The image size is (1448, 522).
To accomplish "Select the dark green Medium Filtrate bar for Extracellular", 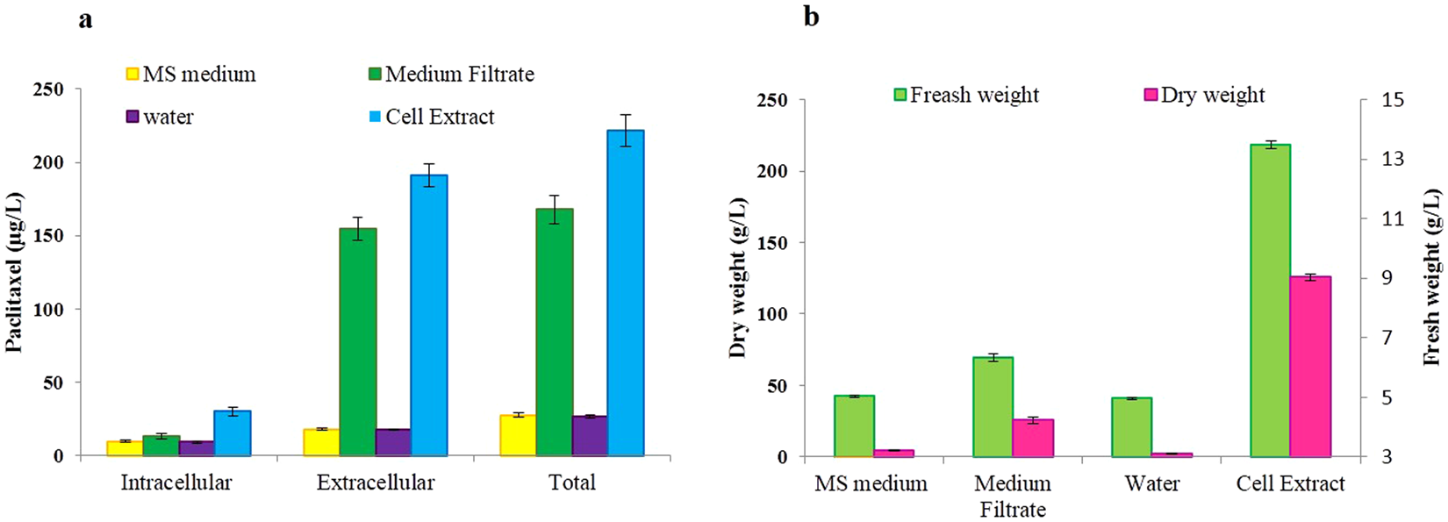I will [x=358, y=342].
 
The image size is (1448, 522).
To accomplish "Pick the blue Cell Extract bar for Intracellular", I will [x=233, y=433].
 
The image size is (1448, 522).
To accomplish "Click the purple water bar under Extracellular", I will [x=393, y=442].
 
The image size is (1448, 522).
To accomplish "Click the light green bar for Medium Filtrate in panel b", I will [x=993, y=407].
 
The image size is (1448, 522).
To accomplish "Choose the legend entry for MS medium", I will [x=190, y=75].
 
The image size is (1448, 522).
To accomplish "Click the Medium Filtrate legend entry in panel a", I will [x=450, y=75].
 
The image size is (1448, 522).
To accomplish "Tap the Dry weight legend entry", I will [x=1204, y=95].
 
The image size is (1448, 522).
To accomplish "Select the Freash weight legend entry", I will [x=965, y=95].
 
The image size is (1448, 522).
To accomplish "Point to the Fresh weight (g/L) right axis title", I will [x=1432, y=276].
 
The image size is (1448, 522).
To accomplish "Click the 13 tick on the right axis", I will [x=1394, y=159].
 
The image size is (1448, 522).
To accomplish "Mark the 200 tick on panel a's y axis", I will [x=47, y=163].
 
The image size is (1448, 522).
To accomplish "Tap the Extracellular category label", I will [x=376, y=483].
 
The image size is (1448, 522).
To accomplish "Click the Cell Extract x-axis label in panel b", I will [x=1290, y=483].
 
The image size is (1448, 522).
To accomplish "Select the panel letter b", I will [x=811, y=16].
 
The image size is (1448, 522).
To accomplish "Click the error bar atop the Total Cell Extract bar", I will [x=626, y=130].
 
